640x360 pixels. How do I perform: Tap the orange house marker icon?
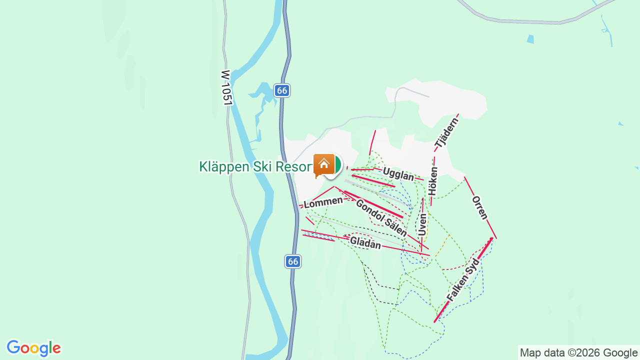323,164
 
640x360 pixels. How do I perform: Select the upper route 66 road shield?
282,90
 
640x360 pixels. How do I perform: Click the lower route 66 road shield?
293,261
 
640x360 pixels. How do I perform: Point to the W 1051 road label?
226,87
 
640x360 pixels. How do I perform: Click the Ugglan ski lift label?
398,174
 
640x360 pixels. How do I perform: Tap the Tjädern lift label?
446,133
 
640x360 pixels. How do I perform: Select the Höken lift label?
433,181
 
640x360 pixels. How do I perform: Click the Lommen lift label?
323,202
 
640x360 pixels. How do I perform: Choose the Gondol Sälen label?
381,217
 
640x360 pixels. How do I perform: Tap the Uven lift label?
423,224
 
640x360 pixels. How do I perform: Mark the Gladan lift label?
365,243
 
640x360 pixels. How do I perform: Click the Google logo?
33,348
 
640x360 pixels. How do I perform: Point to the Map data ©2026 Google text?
578,353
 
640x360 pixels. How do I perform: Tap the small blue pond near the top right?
530,39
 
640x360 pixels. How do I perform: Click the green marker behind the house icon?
337,164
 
